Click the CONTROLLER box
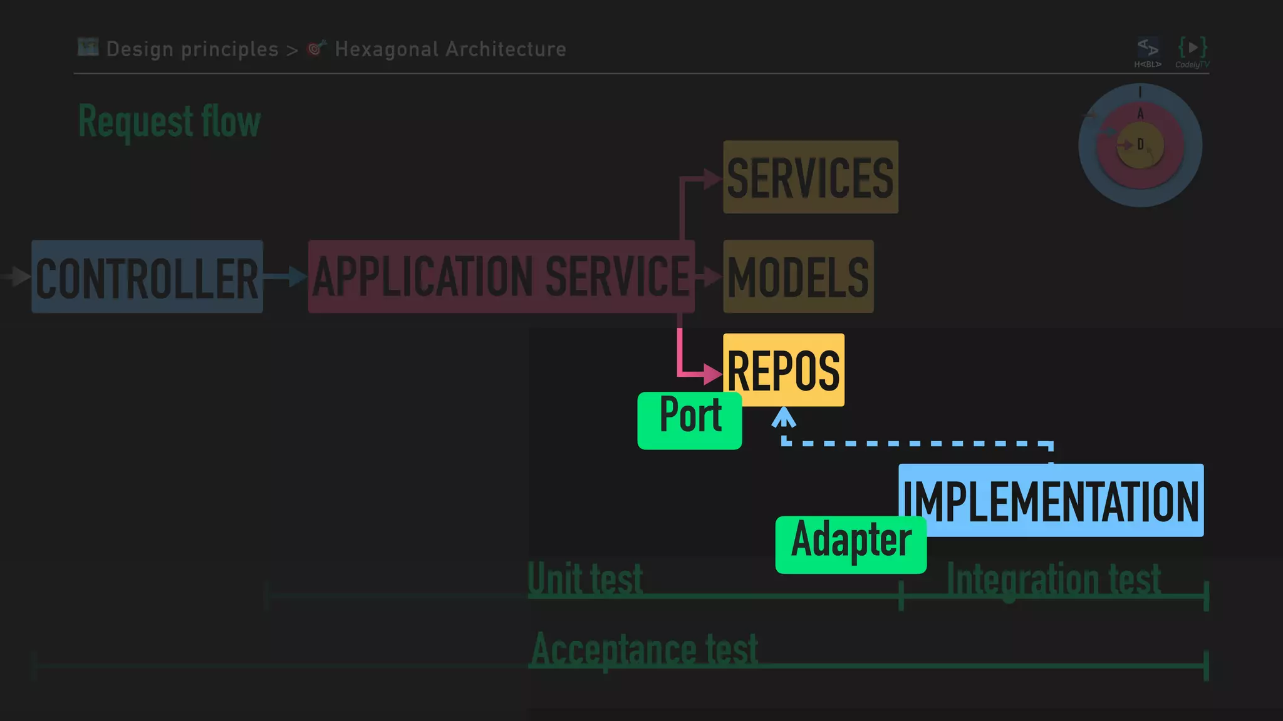[147, 277]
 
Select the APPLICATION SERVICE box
[501, 277]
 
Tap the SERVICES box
[811, 178]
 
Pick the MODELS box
[798, 277]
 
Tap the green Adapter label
[851, 543]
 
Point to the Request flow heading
[169, 121]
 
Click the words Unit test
[585, 578]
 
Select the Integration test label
[1054, 580]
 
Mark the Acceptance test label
[644, 650]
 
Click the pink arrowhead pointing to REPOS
[713, 374]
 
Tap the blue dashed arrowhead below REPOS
[784, 417]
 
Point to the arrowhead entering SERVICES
[712, 179]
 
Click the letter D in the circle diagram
[1140, 145]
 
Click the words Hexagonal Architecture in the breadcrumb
[450, 49]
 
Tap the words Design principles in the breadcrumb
[192, 49]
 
